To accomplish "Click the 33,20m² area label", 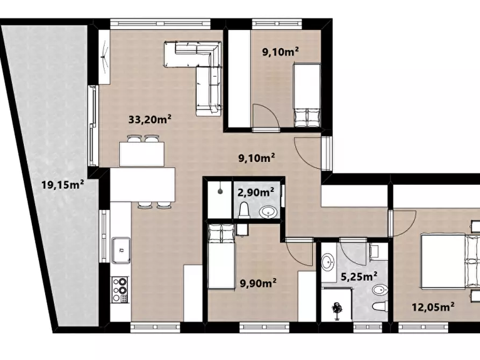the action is click(x=149, y=119).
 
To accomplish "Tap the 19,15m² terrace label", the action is click(x=63, y=184).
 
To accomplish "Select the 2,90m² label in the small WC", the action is click(x=256, y=192).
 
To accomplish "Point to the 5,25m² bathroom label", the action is click(x=359, y=277).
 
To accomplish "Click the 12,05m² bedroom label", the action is click(x=433, y=306).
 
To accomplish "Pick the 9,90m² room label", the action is click(x=258, y=283).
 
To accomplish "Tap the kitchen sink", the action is click(x=121, y=250).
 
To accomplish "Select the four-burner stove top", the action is click(x=120, y=290).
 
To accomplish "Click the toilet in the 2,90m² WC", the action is click(x=244, y=210).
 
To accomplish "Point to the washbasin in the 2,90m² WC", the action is click(x=268, y=212).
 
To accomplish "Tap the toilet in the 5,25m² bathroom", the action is click(x=381, y=306).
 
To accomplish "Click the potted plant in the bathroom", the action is click(x=337, y=311).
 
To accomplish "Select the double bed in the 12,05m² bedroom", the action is click(x=450, y=261).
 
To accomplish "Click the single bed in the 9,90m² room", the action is click(x=221, y=256).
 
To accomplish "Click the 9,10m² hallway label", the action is click(x=256, y=158).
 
